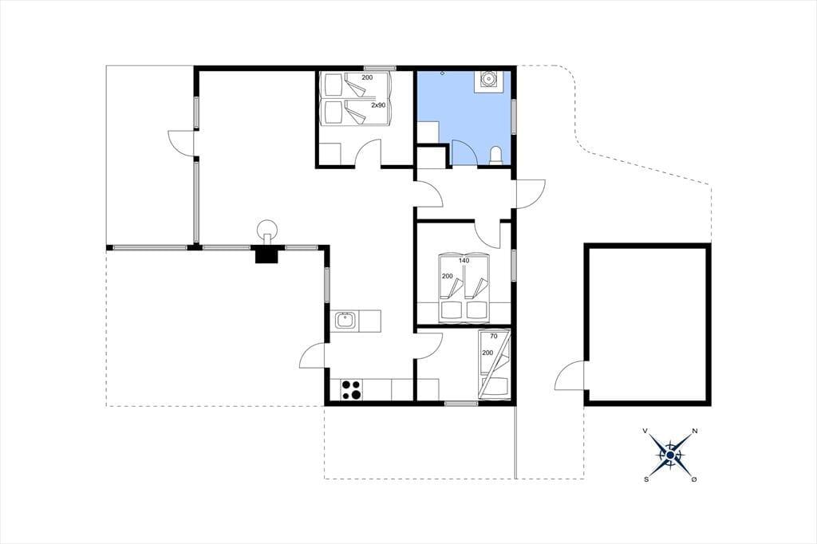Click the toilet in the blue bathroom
tap(496, 156)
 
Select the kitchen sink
tap(345, 320)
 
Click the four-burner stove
tap(352, 390)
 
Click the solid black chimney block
tap(267, 254)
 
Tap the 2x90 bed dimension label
tap(378, 105)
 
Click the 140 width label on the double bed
tap(464, 261)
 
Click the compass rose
tap(670, 455)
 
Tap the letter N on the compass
tap(695, 431)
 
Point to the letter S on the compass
tap(646, 480)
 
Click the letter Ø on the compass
tap(694, 479)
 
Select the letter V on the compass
tap(645, 431)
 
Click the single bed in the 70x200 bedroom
tap(493, 365)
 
